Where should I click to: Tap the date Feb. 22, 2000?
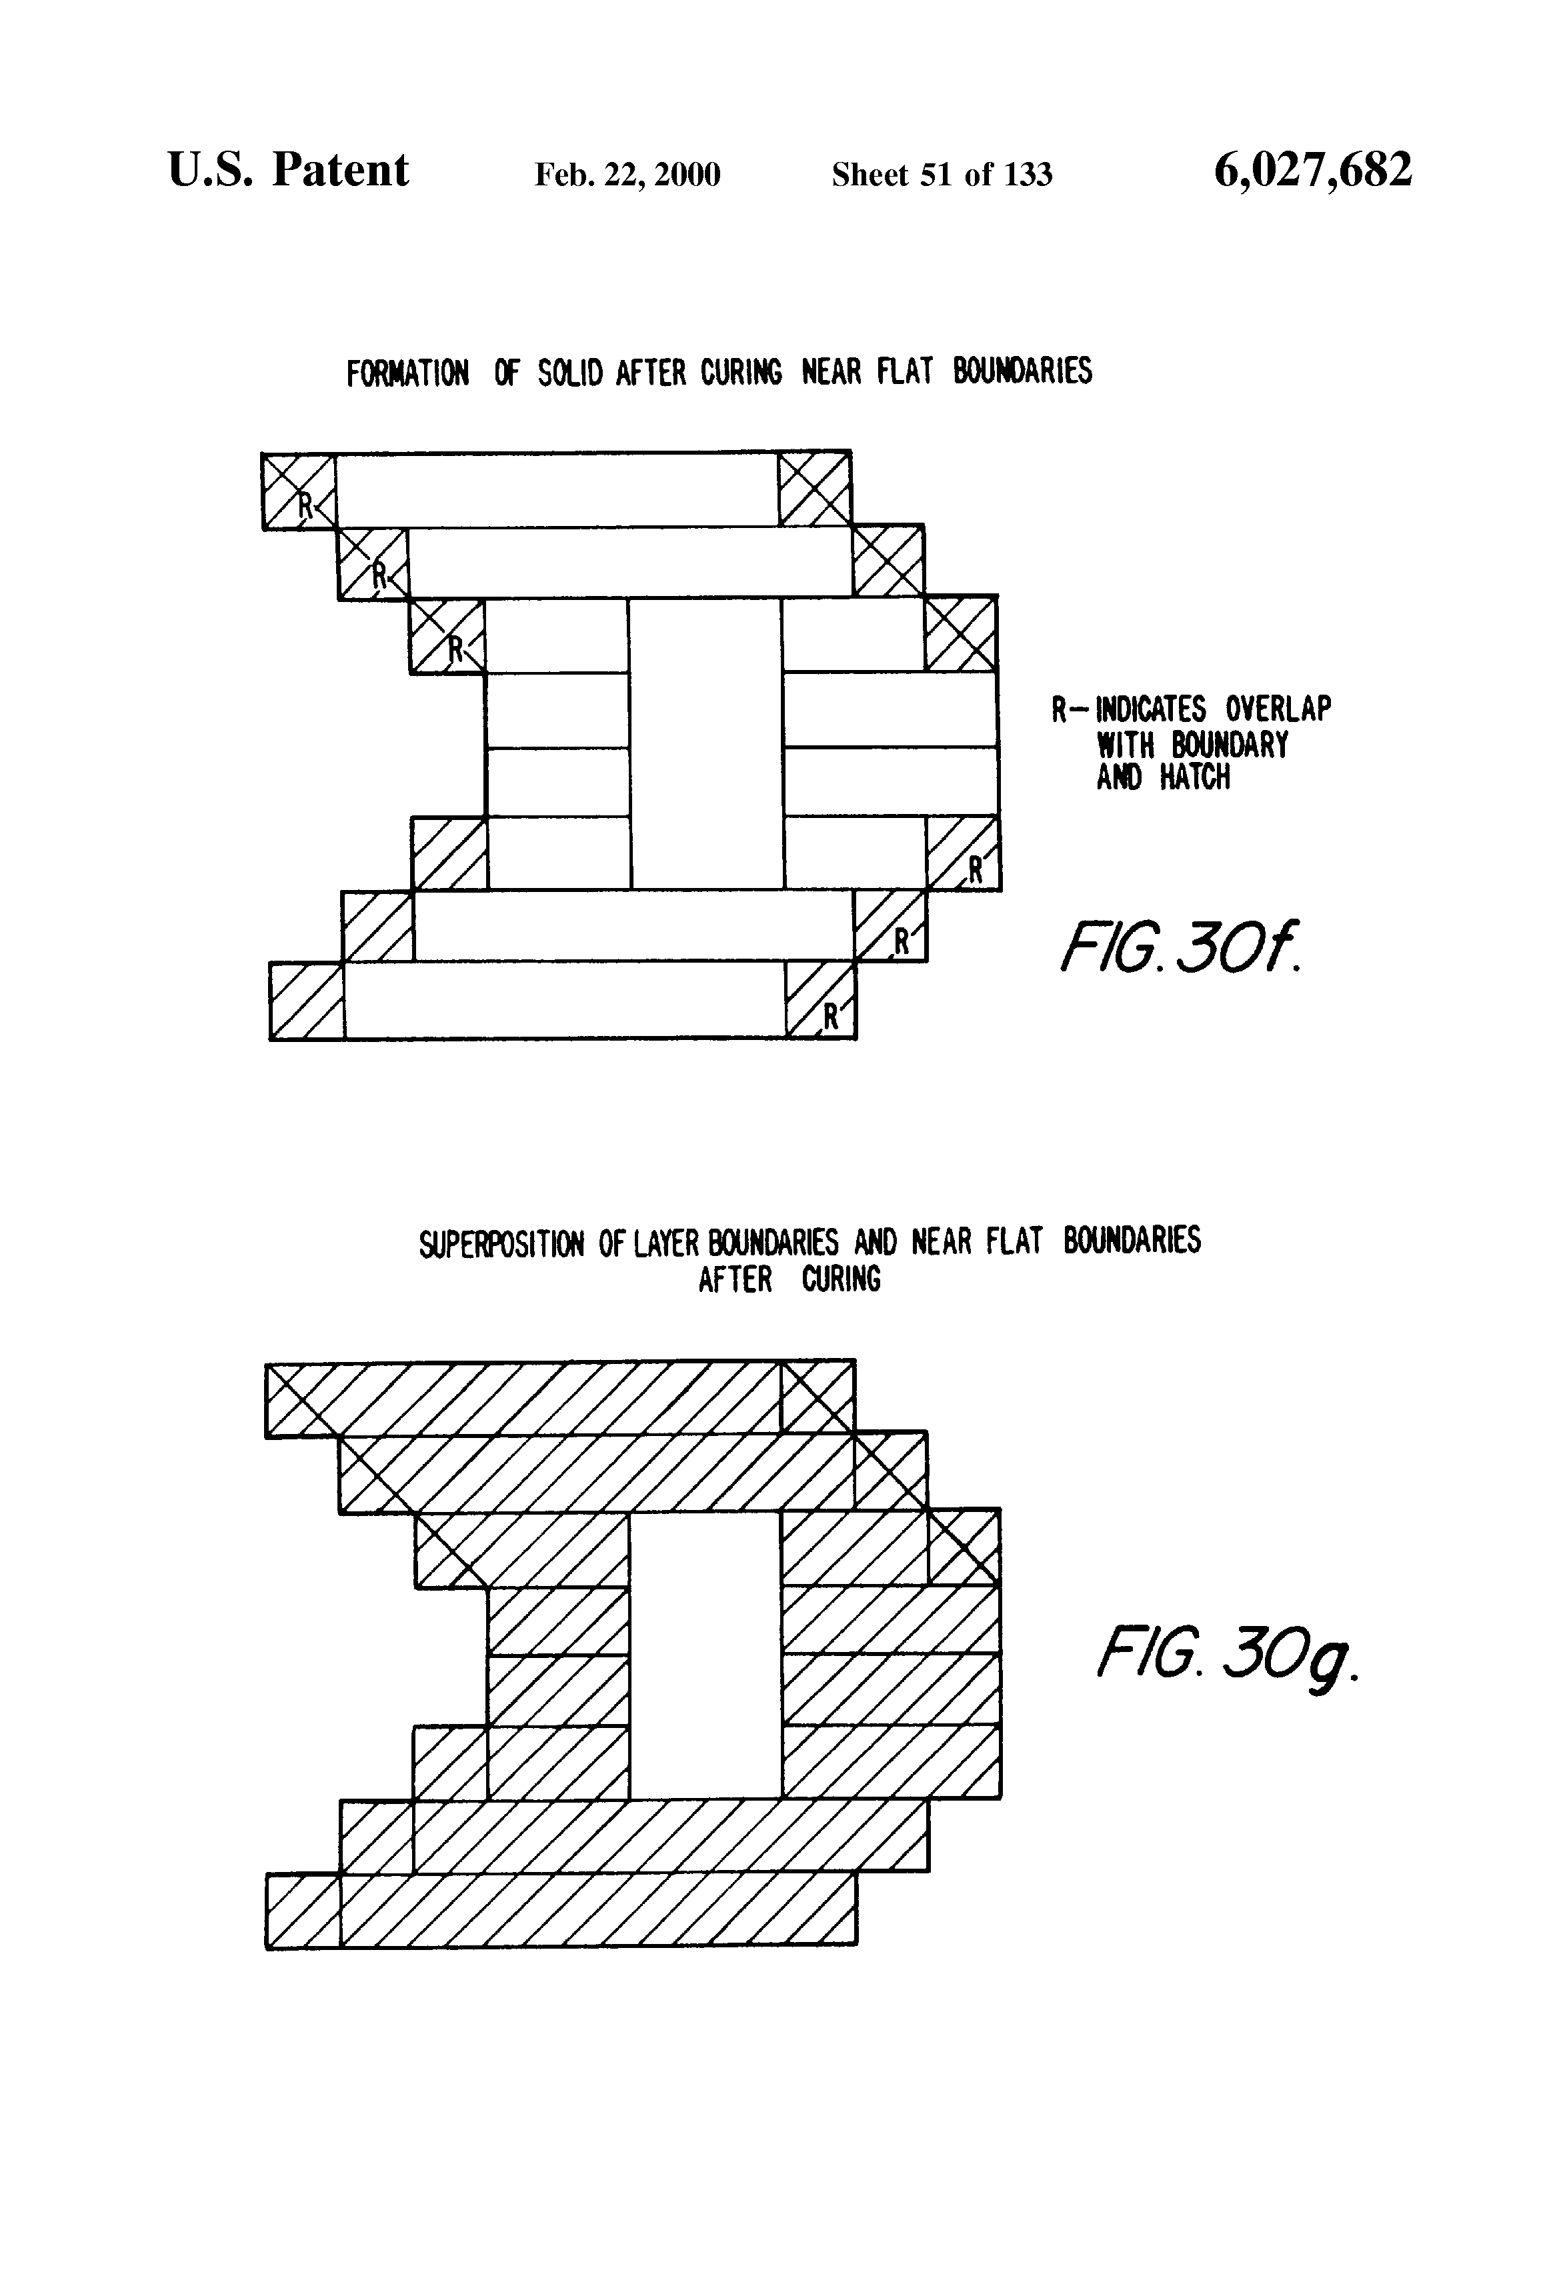pos(627,175)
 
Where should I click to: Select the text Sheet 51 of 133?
pos(941,175)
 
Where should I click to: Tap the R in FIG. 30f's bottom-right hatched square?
pos(830,1017)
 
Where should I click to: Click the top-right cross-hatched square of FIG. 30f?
pos(815,489)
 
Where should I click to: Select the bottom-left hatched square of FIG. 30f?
pos(306,1000)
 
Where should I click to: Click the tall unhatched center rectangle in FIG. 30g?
pos(704,1656)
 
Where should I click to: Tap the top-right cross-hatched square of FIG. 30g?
pos(818,1396)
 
